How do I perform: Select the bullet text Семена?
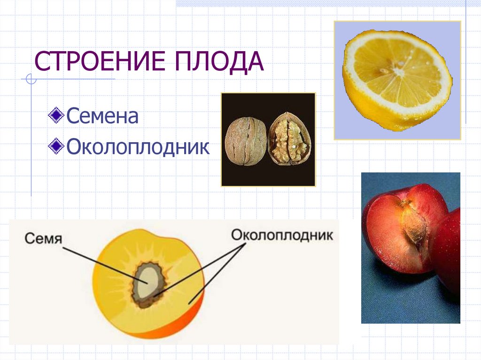pos(102,115)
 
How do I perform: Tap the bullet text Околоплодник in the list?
pos(137,147)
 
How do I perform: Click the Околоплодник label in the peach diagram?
pos(282,235)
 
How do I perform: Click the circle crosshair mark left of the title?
pos(31,79)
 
